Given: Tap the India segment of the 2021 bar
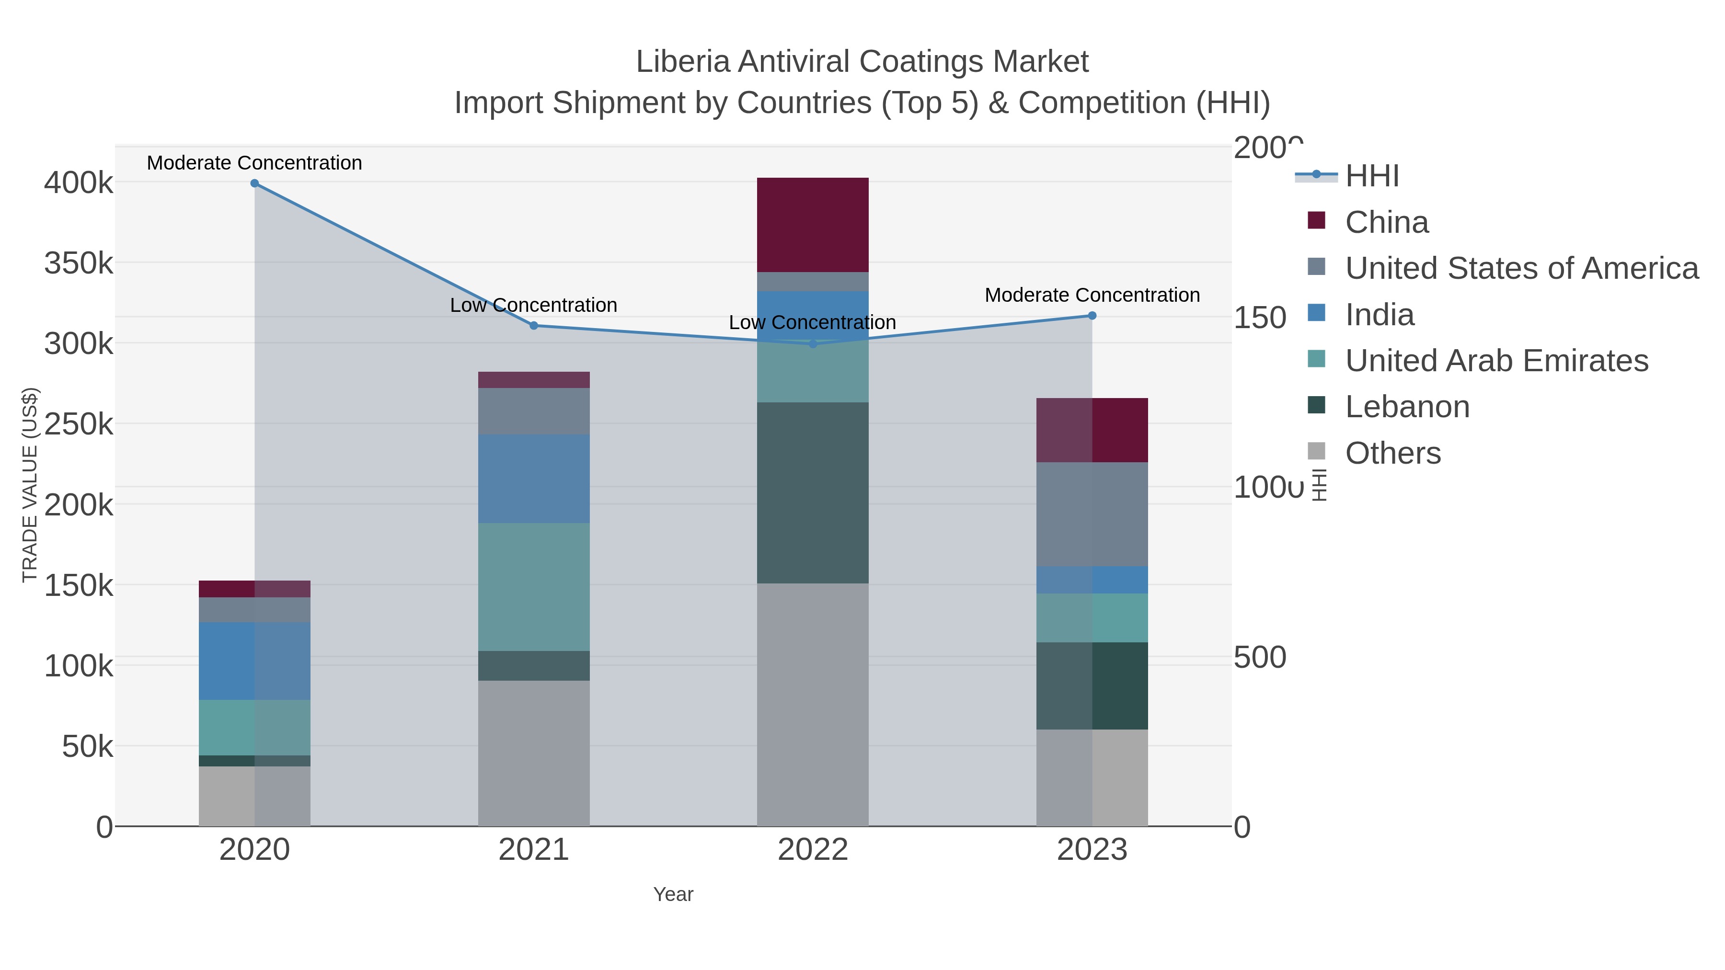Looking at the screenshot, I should click(534, 478).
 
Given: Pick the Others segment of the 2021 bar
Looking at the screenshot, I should click(534, 753).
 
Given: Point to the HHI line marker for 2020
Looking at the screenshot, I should click(254, 183).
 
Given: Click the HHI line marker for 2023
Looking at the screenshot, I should click(1092, 315).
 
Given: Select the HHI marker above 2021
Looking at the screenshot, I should click(534, 325).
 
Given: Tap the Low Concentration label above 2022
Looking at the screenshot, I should click(812, 323).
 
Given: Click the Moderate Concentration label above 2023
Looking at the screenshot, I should click(1092, 295).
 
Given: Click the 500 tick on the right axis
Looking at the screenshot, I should click(1259, 657).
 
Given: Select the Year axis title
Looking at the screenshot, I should click(673, 894).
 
